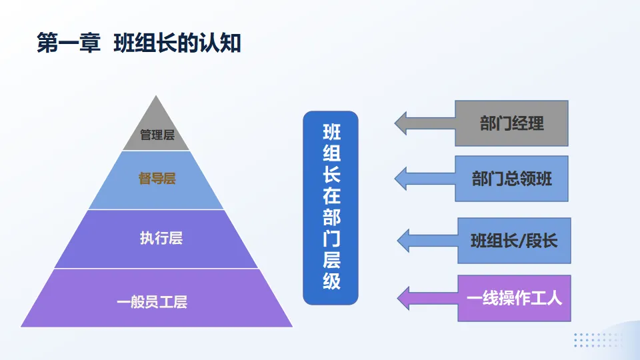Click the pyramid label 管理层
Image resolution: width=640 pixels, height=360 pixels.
[x=157, y=135]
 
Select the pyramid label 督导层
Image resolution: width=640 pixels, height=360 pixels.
[x=157, y=179]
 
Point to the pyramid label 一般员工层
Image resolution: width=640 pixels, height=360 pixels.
[x=152, y=302]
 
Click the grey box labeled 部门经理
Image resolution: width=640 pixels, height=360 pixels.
[x=511, y=123]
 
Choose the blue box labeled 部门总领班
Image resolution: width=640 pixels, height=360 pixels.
[x=511, y=179]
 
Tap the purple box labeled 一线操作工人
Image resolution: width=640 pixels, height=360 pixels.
[x=514, y=298]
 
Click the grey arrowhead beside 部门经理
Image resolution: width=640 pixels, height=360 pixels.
[x=402, y=123]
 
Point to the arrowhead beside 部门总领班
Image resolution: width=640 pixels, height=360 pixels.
[x=402, y=178]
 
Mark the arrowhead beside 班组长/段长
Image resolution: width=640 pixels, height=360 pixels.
[x=405, y=240]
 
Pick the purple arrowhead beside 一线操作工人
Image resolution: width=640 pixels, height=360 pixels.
[x=405, y=297]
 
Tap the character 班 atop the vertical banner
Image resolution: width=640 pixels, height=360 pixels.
[x=331, y=131]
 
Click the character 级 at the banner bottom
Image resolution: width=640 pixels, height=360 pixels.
[x=331, y=281]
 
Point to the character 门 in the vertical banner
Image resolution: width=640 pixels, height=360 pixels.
[x=331, y=238]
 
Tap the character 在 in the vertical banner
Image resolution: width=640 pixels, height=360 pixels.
[x=331, y=195]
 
